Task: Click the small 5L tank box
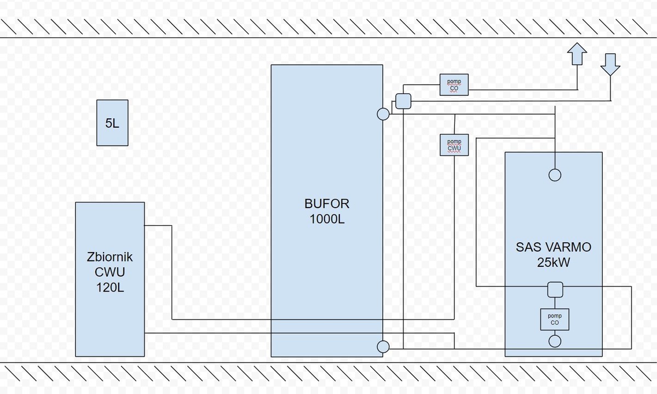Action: click(x=112, y=123)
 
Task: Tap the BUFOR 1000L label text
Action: click(x=327, y=212)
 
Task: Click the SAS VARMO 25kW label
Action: click(x=554, y=254)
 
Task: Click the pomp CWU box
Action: click(x=454, y=145)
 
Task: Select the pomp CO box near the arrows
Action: click(x=454, y=85)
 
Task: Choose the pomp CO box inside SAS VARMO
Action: click(x=555, y=319)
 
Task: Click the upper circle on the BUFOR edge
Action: click(x=383, y=114)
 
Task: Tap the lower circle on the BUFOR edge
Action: click(x=383, y=346)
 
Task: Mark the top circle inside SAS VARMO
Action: click(x=555, y=175)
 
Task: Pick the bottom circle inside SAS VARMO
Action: click(x=555, y=341)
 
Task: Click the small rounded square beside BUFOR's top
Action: click(x=403, y=101)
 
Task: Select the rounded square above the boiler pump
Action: click(x=555, y=289)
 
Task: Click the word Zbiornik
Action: click(x=110, y=257)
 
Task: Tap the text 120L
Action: click(x=110, y=287)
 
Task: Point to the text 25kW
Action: click(x=554, y=262)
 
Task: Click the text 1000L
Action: click(x=327, y=219)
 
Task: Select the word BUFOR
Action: click(x=327, y=204)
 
